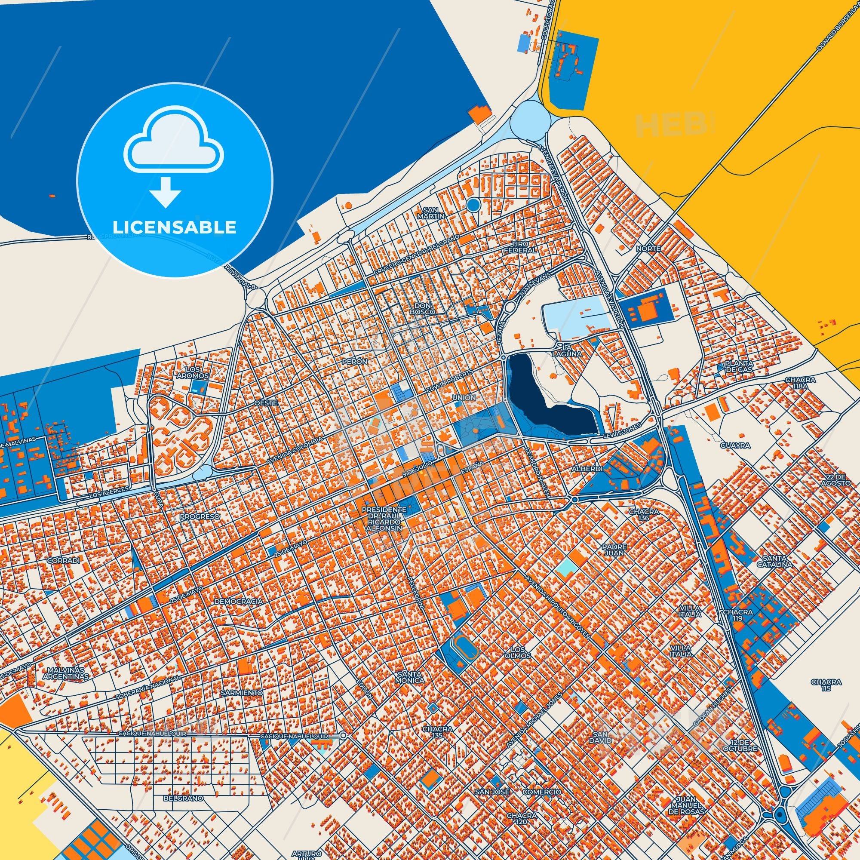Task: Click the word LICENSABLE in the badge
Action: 174,227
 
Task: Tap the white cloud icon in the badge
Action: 174,147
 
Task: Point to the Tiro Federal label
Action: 519,247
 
